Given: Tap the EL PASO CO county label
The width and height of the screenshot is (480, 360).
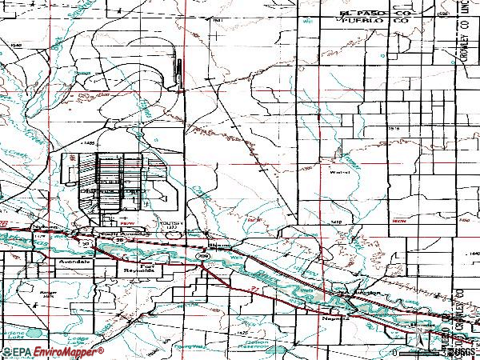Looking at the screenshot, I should (x=343, y=14).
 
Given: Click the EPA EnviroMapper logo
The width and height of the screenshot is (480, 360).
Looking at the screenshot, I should (x=53, y=352).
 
